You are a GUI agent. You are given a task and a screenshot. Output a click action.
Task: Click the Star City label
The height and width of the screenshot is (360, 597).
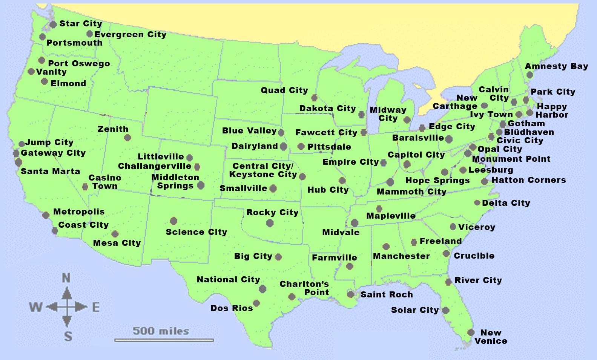81,23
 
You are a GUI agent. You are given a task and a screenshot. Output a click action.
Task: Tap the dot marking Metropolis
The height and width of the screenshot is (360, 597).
46,215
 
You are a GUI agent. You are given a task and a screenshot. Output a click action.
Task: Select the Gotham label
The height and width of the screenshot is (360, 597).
526,123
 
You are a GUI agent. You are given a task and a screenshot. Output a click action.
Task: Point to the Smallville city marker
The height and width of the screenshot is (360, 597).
273,188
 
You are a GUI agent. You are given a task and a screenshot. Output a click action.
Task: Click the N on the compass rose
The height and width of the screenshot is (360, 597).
66,278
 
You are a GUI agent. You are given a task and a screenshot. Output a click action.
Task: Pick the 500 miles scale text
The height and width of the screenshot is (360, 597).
161,331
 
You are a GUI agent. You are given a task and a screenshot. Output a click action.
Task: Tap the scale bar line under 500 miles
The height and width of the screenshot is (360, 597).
164,340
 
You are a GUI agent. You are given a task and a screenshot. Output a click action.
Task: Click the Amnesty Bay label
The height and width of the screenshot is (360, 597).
556,66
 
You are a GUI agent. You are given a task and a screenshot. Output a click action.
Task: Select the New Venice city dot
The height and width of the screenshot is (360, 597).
471,332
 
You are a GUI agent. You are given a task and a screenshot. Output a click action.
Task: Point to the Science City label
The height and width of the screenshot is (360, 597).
196,232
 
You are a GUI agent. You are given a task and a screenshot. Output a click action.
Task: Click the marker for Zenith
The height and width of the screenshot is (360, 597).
127,138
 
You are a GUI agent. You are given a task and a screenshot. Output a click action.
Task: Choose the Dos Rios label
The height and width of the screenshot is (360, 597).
232,308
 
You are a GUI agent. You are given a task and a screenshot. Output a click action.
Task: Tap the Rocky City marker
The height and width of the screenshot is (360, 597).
270,223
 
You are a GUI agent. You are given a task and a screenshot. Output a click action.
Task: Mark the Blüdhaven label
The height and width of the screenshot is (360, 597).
529,132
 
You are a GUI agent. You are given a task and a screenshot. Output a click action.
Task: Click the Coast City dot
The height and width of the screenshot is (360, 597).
55,231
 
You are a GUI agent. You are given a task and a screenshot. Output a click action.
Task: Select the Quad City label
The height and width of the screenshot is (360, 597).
284,90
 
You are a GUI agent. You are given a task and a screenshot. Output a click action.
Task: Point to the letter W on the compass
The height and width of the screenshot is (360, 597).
36,307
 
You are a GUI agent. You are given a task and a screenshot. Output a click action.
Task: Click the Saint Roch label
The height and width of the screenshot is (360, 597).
387,294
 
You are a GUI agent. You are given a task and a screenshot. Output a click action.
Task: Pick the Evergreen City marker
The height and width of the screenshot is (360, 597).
89,34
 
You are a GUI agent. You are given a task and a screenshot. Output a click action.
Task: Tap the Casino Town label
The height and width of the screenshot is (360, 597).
105,182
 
